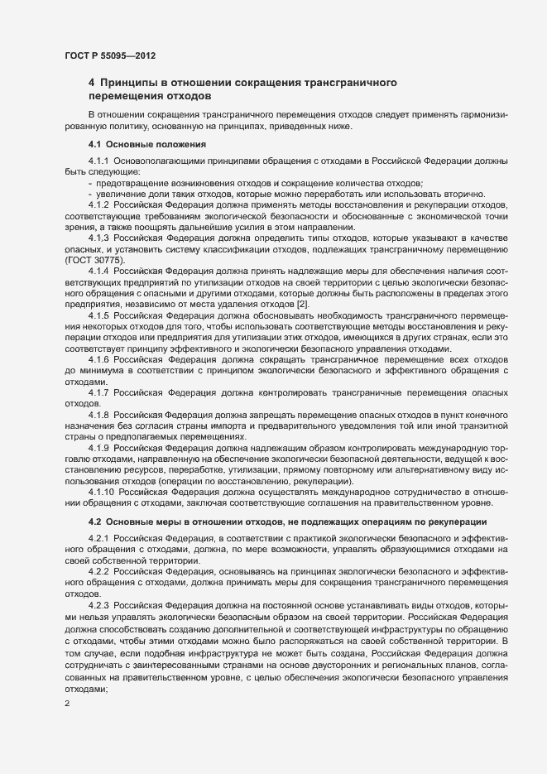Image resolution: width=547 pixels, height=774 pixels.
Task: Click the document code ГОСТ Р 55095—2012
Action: pos(110,55)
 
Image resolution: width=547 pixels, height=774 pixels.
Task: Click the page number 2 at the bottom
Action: pos(68,704)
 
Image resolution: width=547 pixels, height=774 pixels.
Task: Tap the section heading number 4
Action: pos(92,83)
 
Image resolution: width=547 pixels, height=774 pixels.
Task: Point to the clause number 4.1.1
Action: pos(99,161)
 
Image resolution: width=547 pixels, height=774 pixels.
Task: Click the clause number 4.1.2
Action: pos(99,204)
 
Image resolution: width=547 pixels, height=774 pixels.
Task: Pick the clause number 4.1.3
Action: pos(99,237)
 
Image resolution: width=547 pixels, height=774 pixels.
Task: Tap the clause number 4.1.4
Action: pos(99,270)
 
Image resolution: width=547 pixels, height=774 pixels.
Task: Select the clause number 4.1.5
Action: pos(99,316)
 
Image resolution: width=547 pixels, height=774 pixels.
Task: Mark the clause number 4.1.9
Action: pos(99,449)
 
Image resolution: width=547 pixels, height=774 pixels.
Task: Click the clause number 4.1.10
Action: pos(102,493)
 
